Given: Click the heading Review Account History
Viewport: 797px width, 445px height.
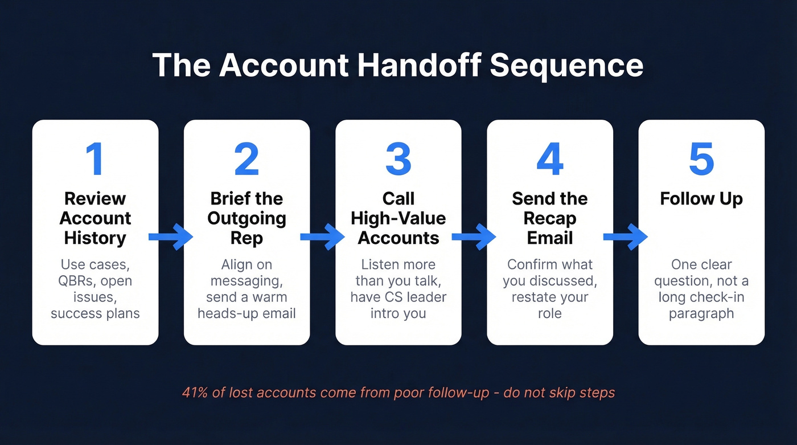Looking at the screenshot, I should pos(95,218).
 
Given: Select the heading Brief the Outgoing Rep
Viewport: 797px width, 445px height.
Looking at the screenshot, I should pos(247,218).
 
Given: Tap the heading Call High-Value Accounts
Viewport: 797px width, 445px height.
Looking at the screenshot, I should pos(398,218).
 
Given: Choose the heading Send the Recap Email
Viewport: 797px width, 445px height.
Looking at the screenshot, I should pos(550,218).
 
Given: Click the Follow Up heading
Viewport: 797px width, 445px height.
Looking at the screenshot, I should pos(701,199).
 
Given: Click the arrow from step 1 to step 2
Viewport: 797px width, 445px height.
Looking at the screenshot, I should pos(171,236).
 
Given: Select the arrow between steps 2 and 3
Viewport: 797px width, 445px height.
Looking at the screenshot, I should pos(322,236).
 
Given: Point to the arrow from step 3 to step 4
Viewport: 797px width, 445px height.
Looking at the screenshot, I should pos(474,236).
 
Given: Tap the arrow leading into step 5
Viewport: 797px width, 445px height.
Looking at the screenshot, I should pos(625,236).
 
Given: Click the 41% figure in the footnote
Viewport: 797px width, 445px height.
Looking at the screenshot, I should pos(194,393).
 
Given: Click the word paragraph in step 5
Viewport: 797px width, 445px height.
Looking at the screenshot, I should pos(701,314).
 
